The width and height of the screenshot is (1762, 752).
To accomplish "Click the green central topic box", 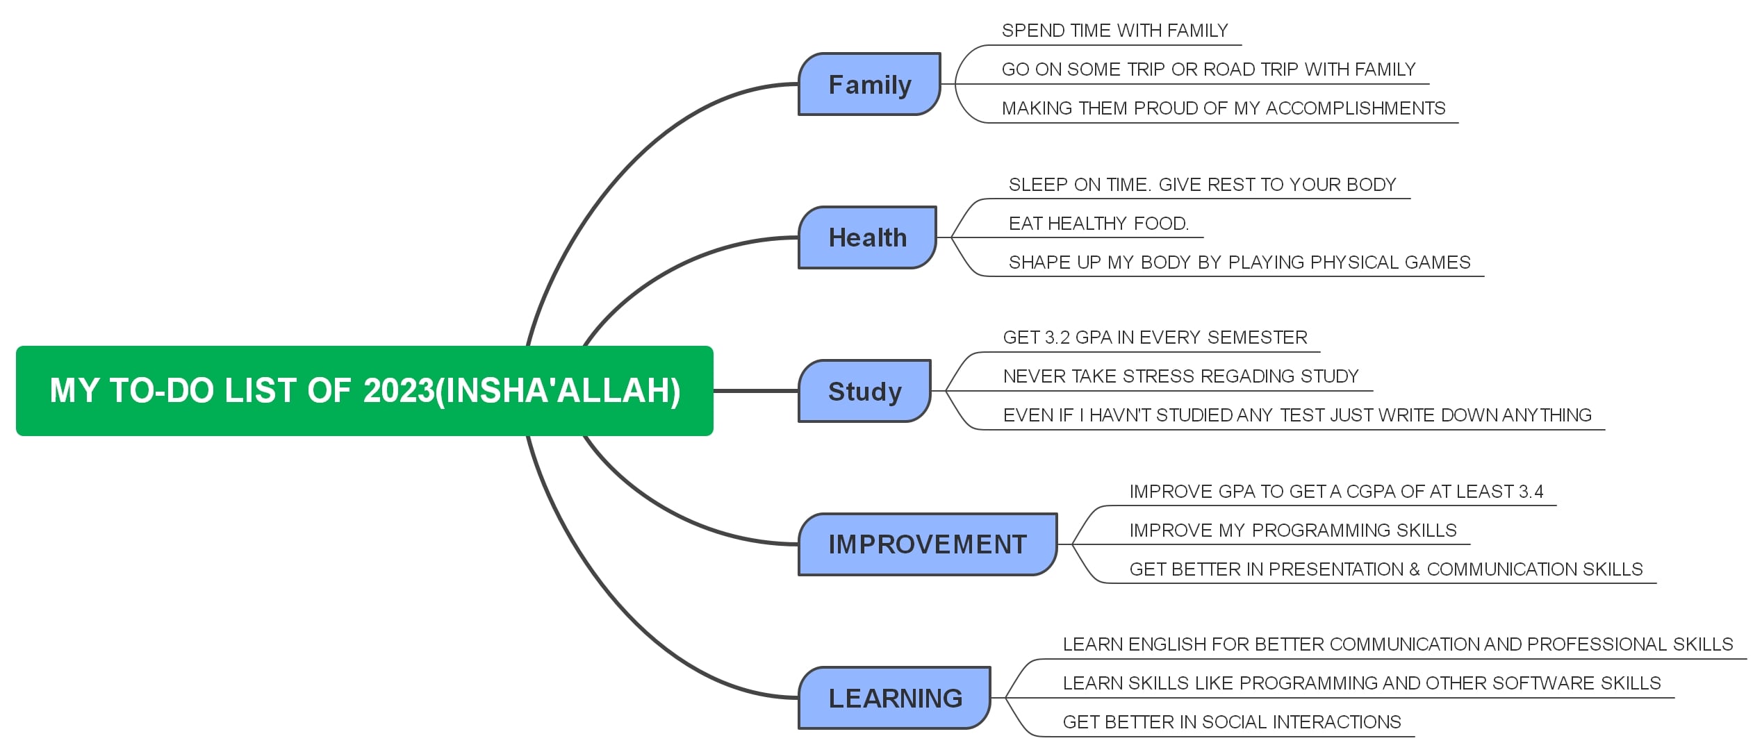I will [364, 390].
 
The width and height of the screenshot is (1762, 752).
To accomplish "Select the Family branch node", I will [869, 84].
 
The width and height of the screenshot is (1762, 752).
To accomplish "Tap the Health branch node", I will [867, 237].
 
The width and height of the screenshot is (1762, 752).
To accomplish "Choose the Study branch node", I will [864, 391].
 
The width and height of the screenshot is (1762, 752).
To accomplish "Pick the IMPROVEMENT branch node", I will [927, 544].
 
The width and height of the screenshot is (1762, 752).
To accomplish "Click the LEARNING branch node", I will [895, 698].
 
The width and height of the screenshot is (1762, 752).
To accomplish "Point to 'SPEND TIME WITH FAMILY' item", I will [1114, 31].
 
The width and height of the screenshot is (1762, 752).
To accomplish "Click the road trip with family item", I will [1208, 69].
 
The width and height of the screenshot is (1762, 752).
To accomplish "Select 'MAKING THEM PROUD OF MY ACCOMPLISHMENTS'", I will [1223, 108].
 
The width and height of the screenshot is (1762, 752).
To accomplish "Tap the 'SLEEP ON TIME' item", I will [1202, 185].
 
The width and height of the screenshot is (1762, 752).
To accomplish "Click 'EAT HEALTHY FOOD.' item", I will [1098, 224].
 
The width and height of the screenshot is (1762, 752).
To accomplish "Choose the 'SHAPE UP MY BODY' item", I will [1239, 262].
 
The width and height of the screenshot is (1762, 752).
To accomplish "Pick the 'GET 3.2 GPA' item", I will [1155, 337].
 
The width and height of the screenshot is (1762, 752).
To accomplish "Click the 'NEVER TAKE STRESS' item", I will [1180, 376].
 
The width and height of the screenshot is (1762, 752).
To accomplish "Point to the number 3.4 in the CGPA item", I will [1531, 492].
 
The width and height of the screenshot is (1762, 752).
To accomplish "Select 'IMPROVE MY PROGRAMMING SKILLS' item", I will [1292, 530].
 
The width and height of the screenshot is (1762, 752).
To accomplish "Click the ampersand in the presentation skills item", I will [1415, 569].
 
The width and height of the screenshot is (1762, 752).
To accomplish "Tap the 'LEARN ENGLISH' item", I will [1397, 644].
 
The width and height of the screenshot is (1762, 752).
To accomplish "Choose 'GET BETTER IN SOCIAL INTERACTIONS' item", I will [1231, 722].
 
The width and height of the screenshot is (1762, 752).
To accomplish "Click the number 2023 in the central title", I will [398, 390].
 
